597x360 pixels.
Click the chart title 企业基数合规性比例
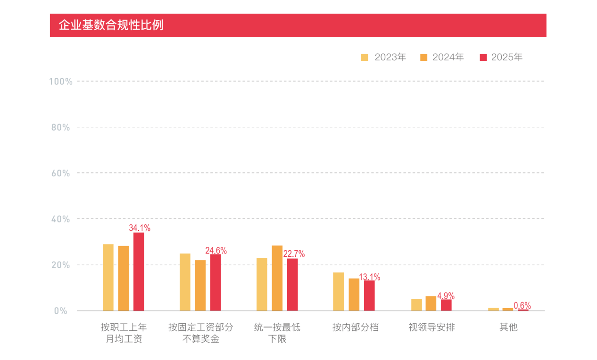[111, 25]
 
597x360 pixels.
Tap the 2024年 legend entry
[442, 57]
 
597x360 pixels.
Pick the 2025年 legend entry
[501, 57]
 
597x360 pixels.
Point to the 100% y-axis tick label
[61, 82]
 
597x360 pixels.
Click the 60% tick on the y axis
[61, 173]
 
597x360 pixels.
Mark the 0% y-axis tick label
[61, 311]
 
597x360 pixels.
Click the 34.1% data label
[140, 228]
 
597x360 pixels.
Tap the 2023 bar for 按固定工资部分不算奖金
[185, 282]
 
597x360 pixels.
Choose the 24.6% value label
[216, 251]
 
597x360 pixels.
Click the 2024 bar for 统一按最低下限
[277, 278]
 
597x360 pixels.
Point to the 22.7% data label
[294, 254]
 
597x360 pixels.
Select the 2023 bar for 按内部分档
[339, 292]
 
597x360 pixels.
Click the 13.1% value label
[370, 277]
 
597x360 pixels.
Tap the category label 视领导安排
[431, 327]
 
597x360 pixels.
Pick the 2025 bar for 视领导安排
[446, 305]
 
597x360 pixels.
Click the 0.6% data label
[522, 306]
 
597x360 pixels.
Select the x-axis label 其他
[508, 327]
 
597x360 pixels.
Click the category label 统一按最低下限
[277, 333]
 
